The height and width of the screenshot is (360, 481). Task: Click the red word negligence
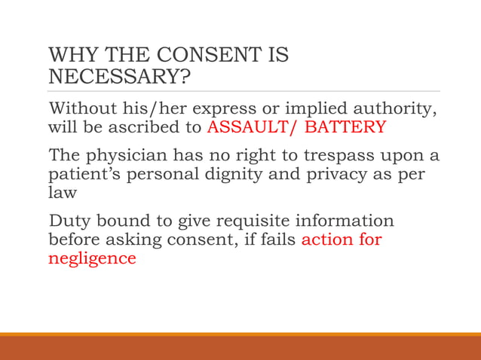point(92,258)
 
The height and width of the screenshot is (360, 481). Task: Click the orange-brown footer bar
point(240,348)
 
